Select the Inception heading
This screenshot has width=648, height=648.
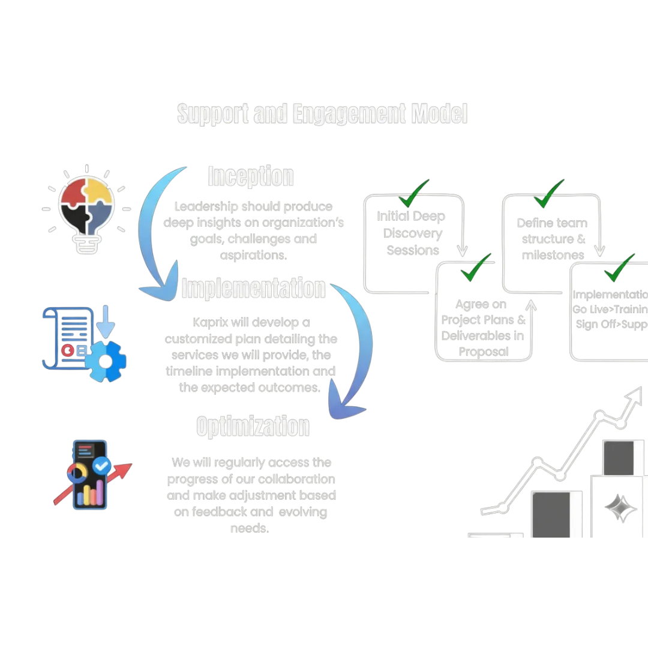tap(251, 176)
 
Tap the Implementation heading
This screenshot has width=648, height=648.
tap(254, 288)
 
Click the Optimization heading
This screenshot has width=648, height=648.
tap(253, 427)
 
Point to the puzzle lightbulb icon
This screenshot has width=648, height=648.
tap(86, 206)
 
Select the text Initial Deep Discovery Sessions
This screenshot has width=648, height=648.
tap(413, 233)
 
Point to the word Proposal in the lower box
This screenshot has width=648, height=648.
tap(483, 352)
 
